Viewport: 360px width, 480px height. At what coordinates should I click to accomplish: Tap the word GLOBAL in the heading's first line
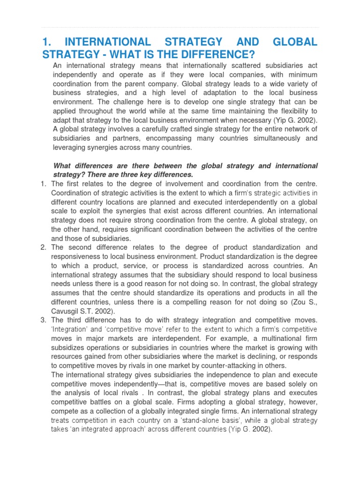(292, 43)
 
